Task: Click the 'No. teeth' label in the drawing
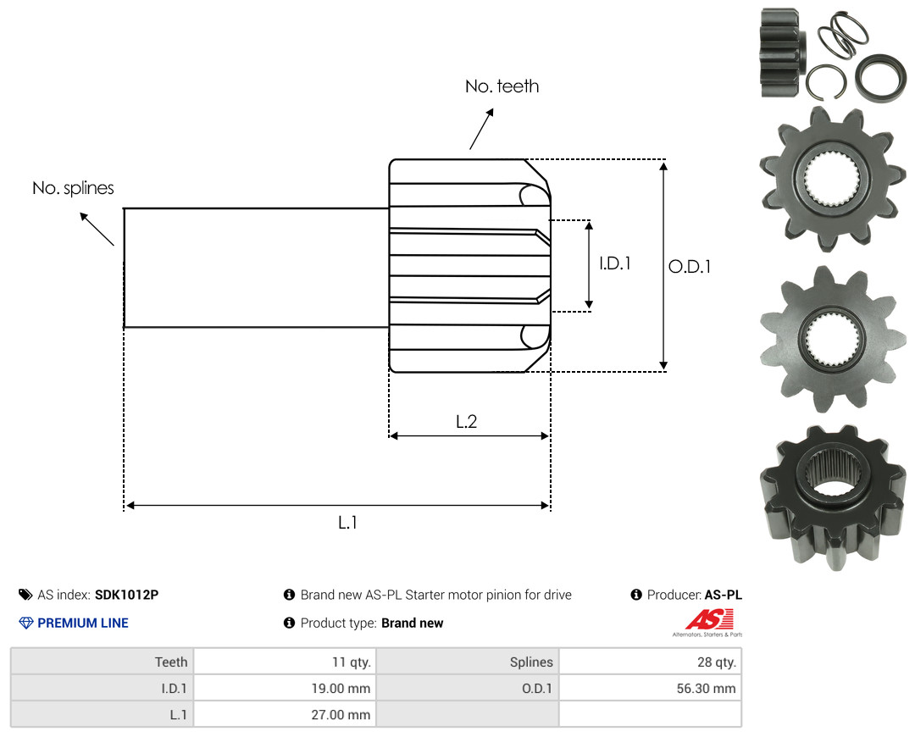click(x=502, y=86)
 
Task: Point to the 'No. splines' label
click(x=73, y=188)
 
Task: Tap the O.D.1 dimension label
click(x=690, y=267)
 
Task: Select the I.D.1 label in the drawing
click(x=615, y=263)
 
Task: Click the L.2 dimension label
click(x=466, y=421)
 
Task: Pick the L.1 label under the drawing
click(x=348, y=523)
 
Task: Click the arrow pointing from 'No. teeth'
click(x=481, y=129)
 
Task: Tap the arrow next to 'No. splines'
click(x=97, y=229)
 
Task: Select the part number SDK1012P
click(x=126, y=595)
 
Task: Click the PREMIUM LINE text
click(x=83, y=623)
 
